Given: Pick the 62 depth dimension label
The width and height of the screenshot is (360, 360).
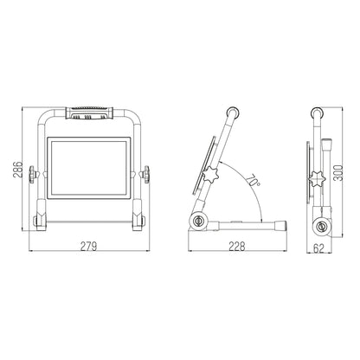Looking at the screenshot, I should coord(320,248).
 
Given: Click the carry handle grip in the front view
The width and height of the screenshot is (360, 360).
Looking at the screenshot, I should coord(86,113).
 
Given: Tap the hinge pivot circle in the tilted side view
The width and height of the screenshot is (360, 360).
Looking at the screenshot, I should coord(201,222).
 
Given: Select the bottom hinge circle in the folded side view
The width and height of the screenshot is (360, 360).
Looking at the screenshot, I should coord(323,226).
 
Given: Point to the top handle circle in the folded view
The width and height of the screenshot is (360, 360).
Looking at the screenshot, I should coord(320,112).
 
